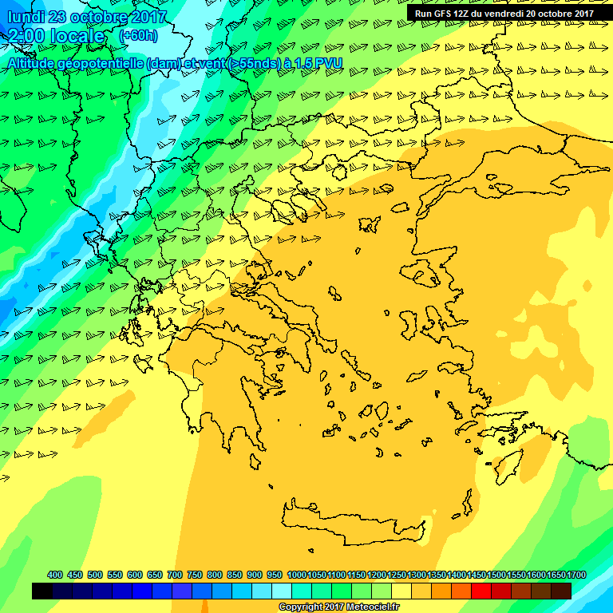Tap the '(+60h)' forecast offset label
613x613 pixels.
pos(138,36)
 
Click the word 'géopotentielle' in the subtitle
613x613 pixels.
pos(100,63)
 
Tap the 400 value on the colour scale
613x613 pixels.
pos(55,575)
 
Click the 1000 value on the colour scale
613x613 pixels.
pos(297,575)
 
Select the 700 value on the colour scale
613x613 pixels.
pos(175,575)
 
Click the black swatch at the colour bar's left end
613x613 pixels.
pos(42,591)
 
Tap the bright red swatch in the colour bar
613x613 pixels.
pos(481,591)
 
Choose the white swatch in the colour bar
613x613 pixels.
pos(282,591)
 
